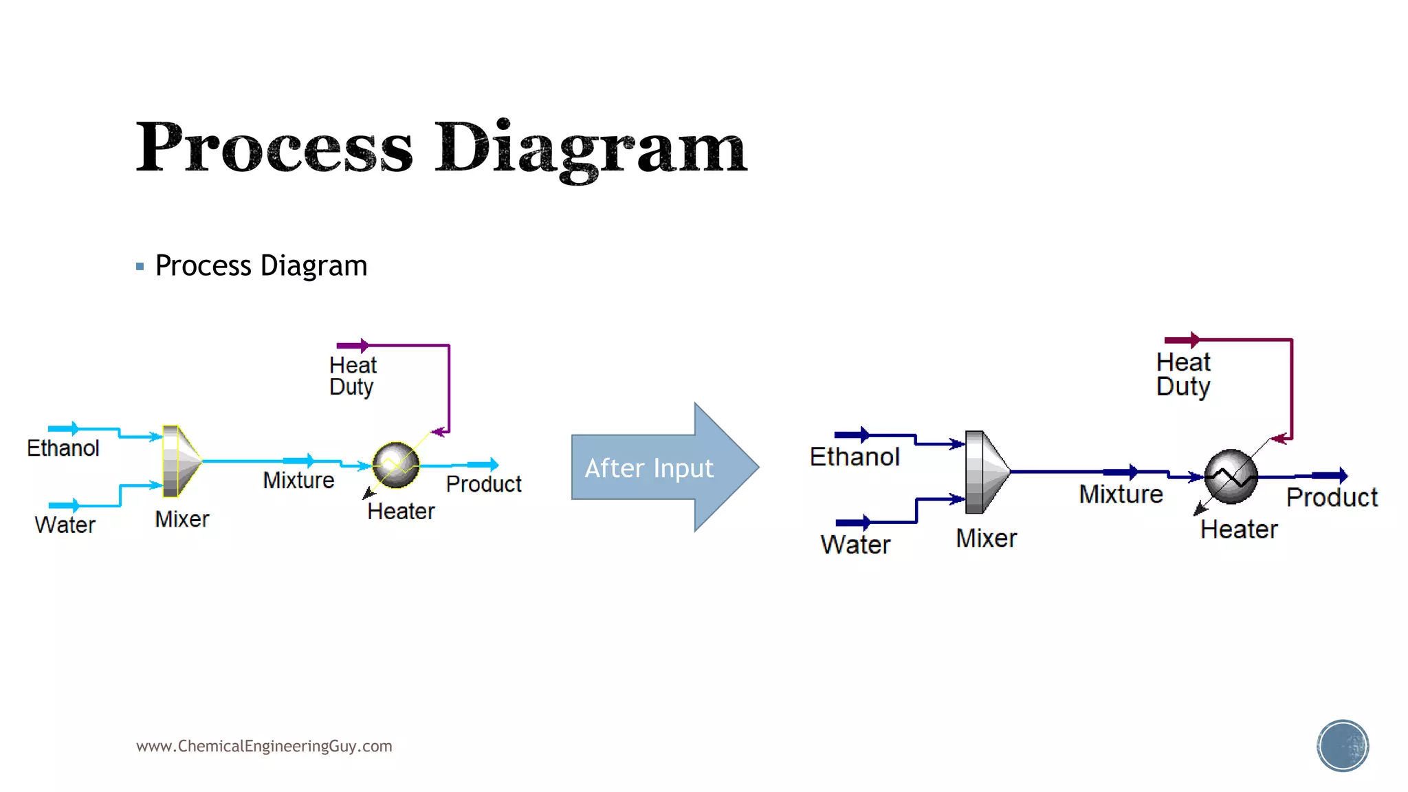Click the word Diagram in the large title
(x=590, y=148)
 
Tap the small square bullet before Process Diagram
(x=140, y=266)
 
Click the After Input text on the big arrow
(x=649, y=468)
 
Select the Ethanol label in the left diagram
(x=63, y=448)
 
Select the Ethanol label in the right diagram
(x=855, y=457)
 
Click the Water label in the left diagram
(x=65, y=525)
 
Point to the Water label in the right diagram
(x=855, y=544)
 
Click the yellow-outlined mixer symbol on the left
(x=181, y=461)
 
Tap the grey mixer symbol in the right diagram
(x=985, y=472)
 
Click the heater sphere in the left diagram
(x=395, y=465)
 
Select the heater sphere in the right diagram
(x=1231, y=476)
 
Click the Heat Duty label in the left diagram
(x=353, y=375)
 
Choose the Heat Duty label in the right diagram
(x=1183, y=374)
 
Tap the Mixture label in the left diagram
(x=298, y=481)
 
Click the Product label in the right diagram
(x=1332, y=498)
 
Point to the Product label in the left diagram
(x=483, y=484)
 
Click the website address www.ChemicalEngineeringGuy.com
(x=264, y=746)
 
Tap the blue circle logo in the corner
(x=1343, y=746)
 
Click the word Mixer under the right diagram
(x=986, y=538)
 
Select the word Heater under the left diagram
(x=401, y=511)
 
